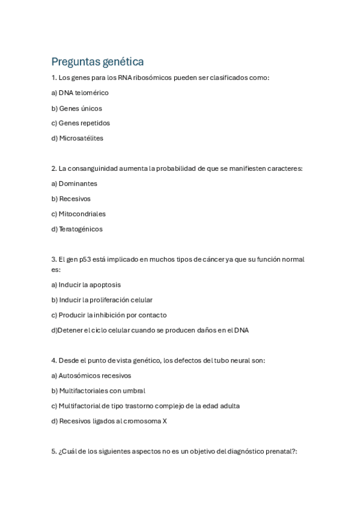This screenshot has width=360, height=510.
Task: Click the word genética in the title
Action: click(123, 62)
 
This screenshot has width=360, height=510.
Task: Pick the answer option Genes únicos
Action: click(80, 108)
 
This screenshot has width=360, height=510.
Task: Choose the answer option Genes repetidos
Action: click(84, 123)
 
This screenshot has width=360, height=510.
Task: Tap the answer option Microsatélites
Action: click(81, 138)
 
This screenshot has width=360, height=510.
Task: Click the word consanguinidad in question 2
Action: click(95, 168)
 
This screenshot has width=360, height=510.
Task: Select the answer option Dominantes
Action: click(78, 183)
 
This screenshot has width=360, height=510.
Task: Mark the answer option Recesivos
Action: click(75, 198)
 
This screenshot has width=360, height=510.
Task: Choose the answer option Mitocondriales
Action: click(82, 214)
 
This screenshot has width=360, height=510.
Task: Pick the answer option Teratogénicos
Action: click(81, 229)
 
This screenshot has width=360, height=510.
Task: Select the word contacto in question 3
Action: click(152, 315)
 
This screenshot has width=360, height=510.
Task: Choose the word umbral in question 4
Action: click(134, 391)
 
